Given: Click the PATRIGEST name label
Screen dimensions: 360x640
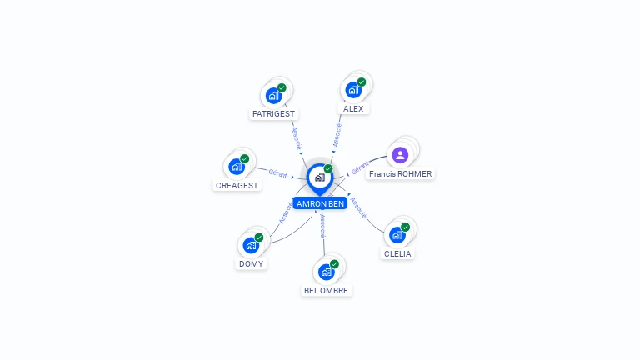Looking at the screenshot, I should coord(273,113).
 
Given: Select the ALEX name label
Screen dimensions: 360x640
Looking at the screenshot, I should coord(352,108).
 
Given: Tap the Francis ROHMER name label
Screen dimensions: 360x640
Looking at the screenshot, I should coord(401,174).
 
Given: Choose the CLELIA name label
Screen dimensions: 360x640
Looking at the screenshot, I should coord(397,253).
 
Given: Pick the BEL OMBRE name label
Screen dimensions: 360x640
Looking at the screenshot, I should coord(327,290).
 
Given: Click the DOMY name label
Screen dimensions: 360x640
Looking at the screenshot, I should coord(251,263).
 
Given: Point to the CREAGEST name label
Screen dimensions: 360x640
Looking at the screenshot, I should coord(237,185).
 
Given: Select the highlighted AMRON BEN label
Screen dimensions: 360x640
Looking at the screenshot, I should coord(319,203).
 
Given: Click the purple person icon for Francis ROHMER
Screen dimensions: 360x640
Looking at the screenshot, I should coord(400,154).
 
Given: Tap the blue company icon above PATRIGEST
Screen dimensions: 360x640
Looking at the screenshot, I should coord(273,95).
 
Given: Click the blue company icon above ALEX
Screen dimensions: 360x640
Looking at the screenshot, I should coord(353,90).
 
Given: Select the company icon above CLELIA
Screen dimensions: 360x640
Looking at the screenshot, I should coord(397,235).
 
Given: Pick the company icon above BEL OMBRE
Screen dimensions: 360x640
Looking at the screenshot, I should coord(327,272).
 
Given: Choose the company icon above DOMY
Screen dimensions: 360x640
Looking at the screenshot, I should coord(251,245).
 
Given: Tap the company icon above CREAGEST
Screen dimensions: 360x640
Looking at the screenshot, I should coord(237,167).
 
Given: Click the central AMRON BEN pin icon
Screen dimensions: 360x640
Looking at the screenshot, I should coord(319,177).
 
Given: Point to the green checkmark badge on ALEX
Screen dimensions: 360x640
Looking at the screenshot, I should coord(362,82).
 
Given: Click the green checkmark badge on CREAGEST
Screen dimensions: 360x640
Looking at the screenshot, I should coord(244,158).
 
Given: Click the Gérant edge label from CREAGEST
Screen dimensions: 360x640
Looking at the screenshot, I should coord(277,173).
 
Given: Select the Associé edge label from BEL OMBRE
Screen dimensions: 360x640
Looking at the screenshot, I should coord(322,225).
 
